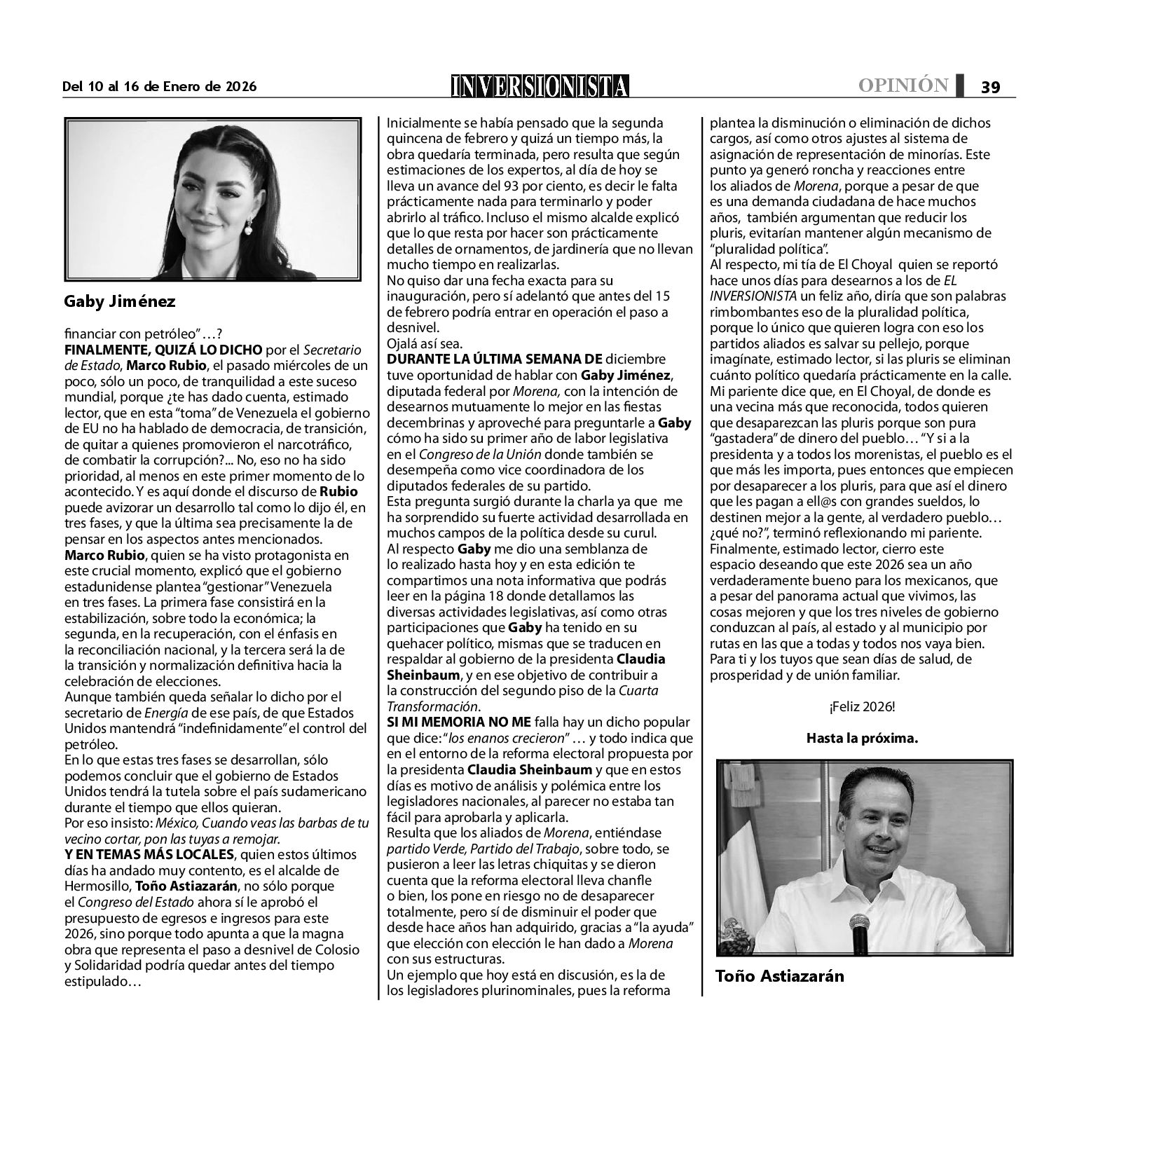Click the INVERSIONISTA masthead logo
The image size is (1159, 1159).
tap(540, 86)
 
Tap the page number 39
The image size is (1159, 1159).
tap(990, 87)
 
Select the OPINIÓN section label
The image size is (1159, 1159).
tap(903, 85)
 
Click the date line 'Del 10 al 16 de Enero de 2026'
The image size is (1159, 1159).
tap(160, 87)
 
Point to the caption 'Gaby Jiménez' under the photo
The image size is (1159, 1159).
tap(120, 301)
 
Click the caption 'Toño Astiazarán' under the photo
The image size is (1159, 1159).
tap(780, 975)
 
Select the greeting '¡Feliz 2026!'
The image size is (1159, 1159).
tap(862, 707)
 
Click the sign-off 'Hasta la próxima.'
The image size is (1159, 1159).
tap(862, 738)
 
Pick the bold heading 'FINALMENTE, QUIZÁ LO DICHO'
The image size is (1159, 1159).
tap(163, 350)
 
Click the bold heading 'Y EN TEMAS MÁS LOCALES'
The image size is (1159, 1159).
tap(149, 854)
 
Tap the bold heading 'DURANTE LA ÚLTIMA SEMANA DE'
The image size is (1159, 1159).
tap(495, 359)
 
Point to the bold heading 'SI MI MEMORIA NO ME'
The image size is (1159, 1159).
tap(459, 722)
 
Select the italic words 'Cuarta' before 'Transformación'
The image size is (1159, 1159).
tap(638, 691)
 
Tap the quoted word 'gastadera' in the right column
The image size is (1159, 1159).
tap(743, 439)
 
